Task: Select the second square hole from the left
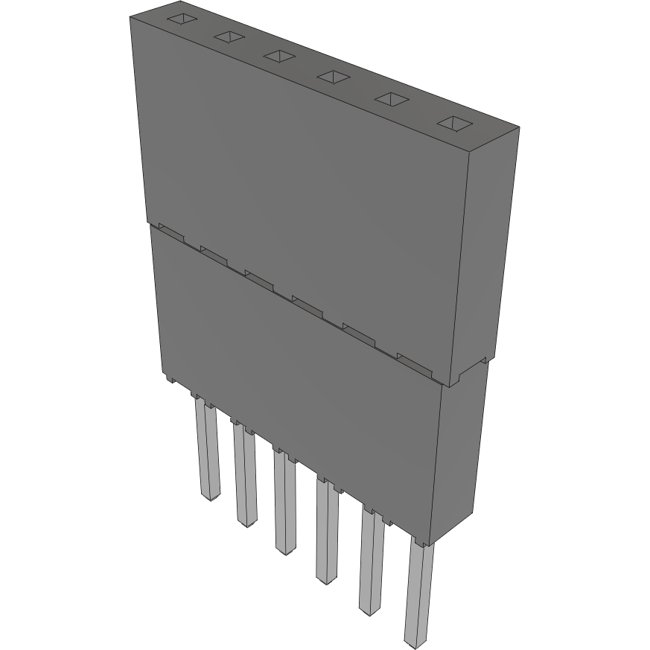[x=229, y=36]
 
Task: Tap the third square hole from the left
[x=279, y=56]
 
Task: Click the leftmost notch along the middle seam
[x=171, y=234]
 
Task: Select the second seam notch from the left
[x=214, y=255]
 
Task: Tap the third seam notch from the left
[x=259, y=278]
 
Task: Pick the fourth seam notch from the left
[x=308, y=302]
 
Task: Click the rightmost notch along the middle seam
[x=414, y=360]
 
